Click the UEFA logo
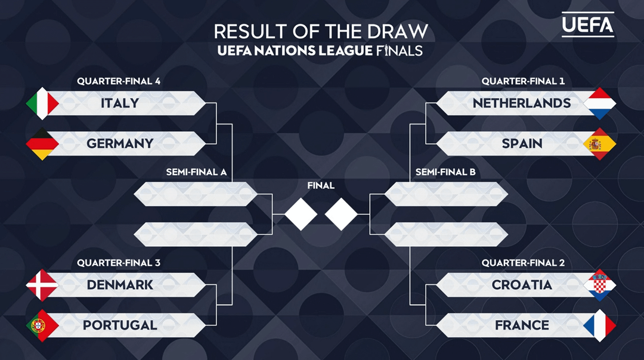[587, 24]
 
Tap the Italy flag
[42, 103]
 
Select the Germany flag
[42, 144]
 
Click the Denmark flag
[42, 285]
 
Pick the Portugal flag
[42, 325]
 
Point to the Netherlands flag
[600, 103]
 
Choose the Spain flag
[600, 144]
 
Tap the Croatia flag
[600, 285]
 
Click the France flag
[600, 325]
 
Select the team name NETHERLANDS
[522, 103]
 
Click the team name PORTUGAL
[120, 325]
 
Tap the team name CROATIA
[522, 285]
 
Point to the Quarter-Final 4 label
[119, 81]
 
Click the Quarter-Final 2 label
[523, 263]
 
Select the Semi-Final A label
[196, 172]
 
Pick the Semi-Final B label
[445, 172]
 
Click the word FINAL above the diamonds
[321, 185]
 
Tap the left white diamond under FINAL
[301, 213]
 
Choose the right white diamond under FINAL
[341, 213]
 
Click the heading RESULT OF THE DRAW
[321, 31]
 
